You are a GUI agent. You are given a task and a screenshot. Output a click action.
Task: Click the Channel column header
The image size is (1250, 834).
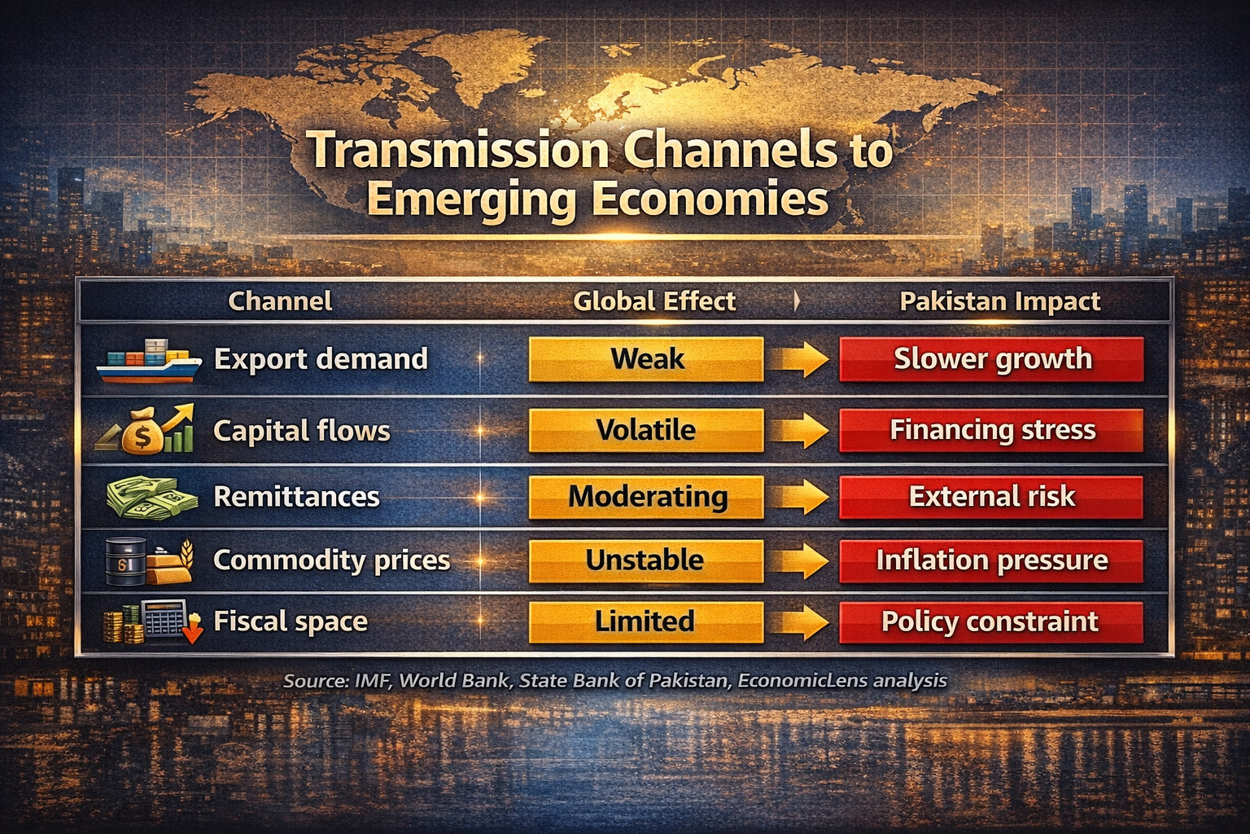(280, 301)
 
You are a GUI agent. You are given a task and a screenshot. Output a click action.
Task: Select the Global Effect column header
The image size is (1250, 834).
(654, 301)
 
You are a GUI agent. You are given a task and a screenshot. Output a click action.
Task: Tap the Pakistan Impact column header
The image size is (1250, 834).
(999, 301)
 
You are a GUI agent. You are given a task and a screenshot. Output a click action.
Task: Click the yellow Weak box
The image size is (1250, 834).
(646, 359)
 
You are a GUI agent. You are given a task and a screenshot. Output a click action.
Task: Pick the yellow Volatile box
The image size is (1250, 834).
(646, 430)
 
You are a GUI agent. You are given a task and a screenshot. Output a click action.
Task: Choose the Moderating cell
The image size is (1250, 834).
(646, 497)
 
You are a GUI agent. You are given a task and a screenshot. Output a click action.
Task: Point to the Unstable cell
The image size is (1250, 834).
(646, 560)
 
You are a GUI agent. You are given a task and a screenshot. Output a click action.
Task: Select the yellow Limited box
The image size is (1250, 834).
(646, 621)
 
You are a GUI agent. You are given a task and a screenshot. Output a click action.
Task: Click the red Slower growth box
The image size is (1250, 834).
(991, 359)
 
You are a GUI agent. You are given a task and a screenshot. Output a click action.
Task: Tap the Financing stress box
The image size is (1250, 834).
(991, 430)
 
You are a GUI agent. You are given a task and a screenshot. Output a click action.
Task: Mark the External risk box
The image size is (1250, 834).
(991, 497)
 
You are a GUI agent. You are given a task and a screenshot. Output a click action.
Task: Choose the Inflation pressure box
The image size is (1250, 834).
(991, 560)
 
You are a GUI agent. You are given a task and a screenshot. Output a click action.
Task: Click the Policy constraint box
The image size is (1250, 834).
(991, 621)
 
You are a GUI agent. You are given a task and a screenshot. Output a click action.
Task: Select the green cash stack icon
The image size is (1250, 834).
(151, 497)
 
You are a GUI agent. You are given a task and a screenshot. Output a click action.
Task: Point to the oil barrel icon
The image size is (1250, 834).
(125, 562)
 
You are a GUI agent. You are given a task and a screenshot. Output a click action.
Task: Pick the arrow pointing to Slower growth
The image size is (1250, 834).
(801, 359)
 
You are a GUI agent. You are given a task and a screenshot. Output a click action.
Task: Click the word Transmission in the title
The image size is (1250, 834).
(458, 151)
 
